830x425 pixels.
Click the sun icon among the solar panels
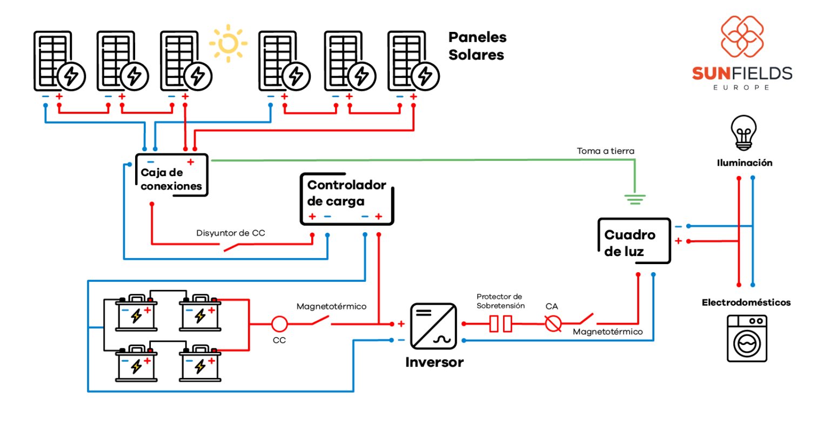pyautogui.click(x=228, y=43)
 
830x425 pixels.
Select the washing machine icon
pyautogui.click(x=747, y=339)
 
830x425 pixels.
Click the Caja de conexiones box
pyautogui.click(x=171, y=175)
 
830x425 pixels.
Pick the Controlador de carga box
pyautogui.click(x=346, y=199)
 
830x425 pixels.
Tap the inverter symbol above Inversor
pyautogui.click(x=433, y=326)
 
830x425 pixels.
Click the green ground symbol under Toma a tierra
pyautogui.click(x=635, y=199)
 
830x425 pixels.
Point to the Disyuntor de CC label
pyautogui.click(x=231, y=233)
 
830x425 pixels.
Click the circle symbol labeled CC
pyautogui.click(x=279, y=324)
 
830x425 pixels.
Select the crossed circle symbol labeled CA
pyautogui.click(x=552, y=324)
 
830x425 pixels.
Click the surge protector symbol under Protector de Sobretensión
pyautogui.click(x=500, y=324)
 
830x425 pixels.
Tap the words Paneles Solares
pyautogui.click(x=477, y=46)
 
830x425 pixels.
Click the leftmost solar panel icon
pyautogui.click(x=59, y=61)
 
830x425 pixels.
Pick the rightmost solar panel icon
pyautogui.click(x=413, y=61)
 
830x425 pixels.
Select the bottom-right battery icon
pyautogui.click(x=200, y=364)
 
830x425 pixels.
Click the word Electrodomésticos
pyautogui.click(x=746, y=302)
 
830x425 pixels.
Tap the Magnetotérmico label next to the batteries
pyautogui.click(x=331, y=307)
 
